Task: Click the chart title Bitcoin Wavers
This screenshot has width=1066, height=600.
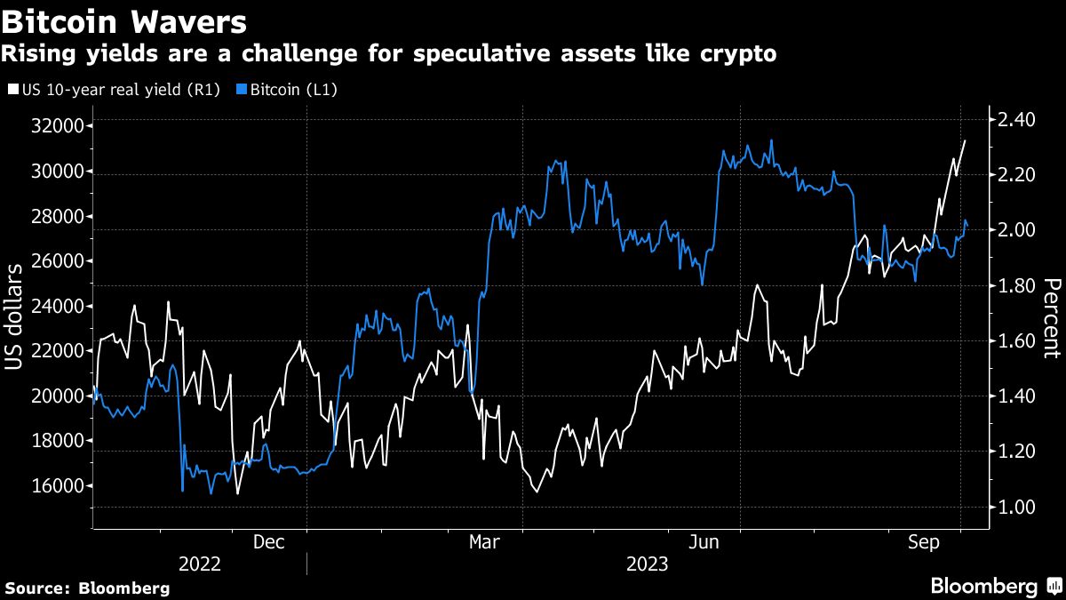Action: click(x=124, y=20)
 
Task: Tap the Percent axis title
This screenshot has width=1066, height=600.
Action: click(x=1051, y=317)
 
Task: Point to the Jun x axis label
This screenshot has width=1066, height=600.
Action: click(x=704, y=541)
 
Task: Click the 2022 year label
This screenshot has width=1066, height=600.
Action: click(x=200, y=564)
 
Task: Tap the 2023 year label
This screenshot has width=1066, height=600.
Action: click(x=648, y=564)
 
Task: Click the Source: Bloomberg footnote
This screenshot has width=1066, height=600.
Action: click(x=87, y=588)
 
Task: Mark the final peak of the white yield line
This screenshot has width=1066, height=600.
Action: click(x=966, y=140)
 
